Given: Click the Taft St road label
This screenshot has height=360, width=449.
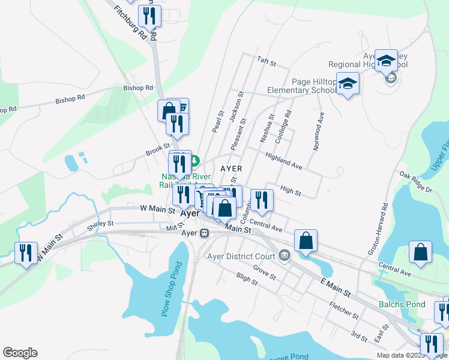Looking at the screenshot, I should [x=266, y=62].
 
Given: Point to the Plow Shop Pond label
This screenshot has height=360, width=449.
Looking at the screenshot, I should [x=172, y=288].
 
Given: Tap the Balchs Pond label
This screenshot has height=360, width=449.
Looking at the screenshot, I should [x=402, y=304].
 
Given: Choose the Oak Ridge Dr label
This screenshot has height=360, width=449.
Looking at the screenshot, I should [x=415, y=182].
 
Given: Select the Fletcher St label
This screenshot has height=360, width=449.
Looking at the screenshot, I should [x=344, y=311].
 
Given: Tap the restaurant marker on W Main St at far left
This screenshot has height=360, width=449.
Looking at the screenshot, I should [x=26, y=253].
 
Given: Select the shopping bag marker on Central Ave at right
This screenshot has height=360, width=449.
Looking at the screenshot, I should [x=420, y=253].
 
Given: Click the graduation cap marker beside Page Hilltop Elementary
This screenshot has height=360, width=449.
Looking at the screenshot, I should [x=348, y=83].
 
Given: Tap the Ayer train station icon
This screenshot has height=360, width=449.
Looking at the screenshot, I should [x=204, y=233].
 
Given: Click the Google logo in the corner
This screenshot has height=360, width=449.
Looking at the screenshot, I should [x=20, y=353].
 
